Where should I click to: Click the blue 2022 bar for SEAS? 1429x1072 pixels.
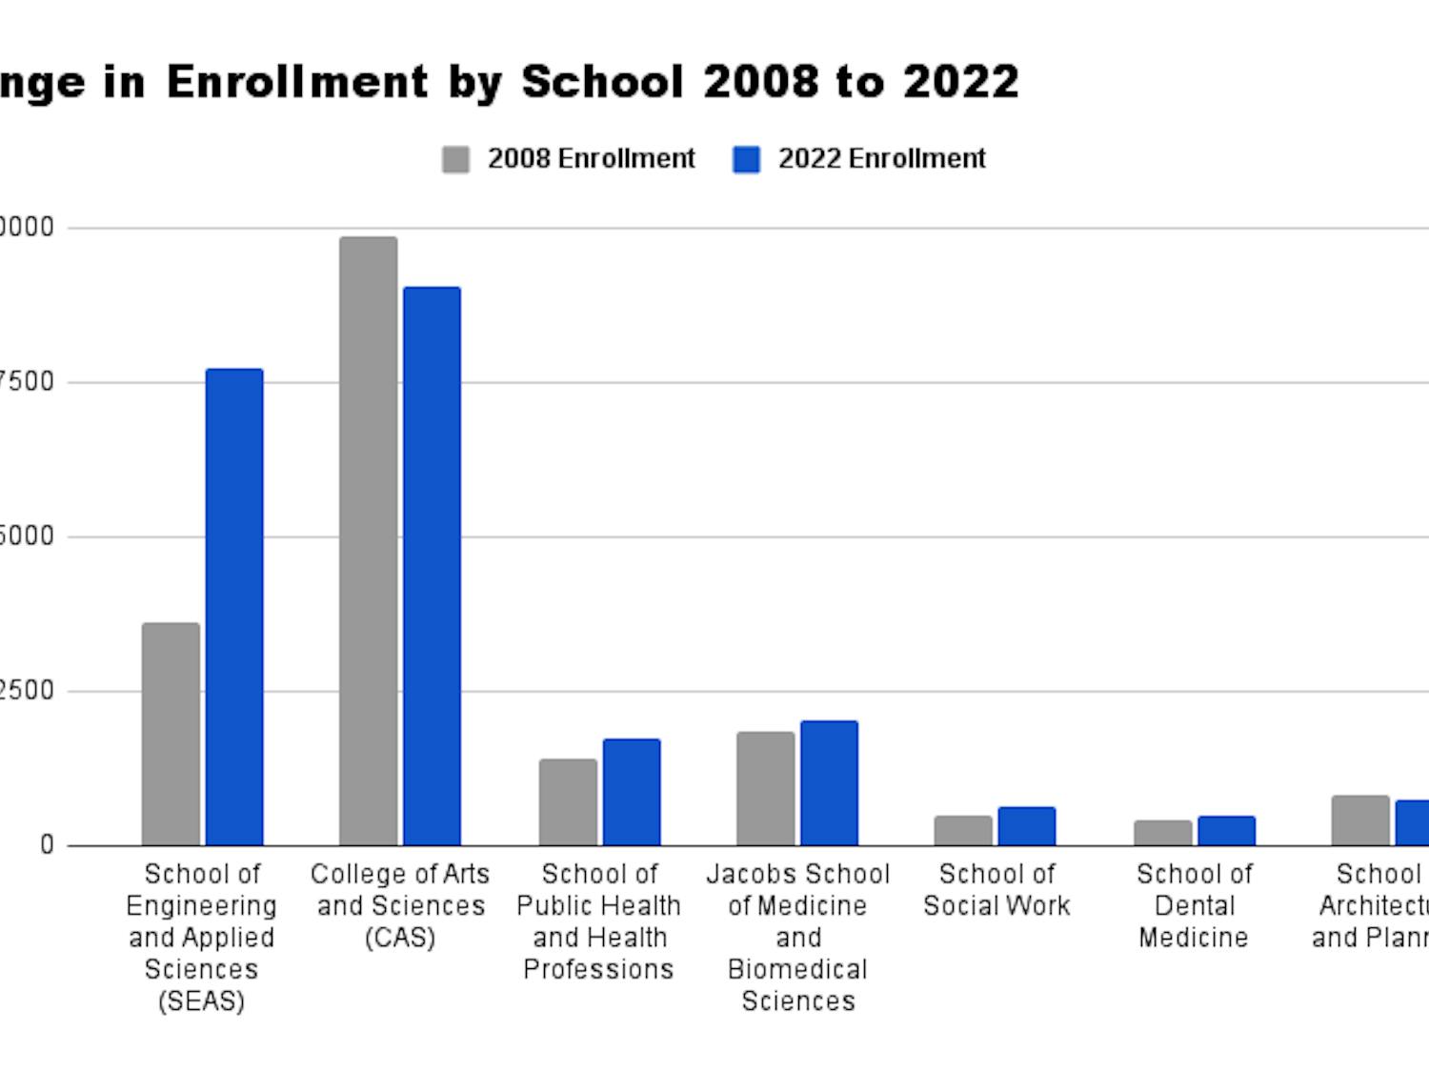pyautogui.click(x=234, y=607)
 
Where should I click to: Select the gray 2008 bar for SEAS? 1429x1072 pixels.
pyautogui.click(x=171, y=734)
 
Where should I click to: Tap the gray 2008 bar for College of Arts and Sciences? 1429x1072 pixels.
pyautogui.click(x=368, y=541)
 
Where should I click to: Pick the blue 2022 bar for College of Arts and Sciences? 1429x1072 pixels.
pyautogui.click(x=432, y=566)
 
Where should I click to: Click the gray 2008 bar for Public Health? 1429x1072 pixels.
pyautogui.click(x=568, y=802)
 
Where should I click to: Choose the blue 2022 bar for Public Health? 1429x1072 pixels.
pyautogui.click(x=632, y=792)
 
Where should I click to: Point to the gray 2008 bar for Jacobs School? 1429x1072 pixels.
pyautogui.click(x=765, y=788)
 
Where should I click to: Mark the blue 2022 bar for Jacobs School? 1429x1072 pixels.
pyautogui.click(x=829, y=783)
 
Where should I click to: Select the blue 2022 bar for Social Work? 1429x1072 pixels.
pyautogui.click(x=1027, y=826)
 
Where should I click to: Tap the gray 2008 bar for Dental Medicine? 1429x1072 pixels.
pyautogui.click(x=1162, y=833)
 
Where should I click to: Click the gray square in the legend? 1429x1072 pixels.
pyautogui.click(x=455, y=159)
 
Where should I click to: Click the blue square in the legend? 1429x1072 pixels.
pyautogui.click(x=746, y=159)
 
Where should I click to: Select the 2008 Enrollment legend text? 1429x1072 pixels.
pyautogui.click(x=592, y=158)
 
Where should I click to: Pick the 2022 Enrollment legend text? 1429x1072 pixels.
pyautogui.click(x=881, y=158)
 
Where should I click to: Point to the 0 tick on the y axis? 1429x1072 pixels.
pyautogui.click(x=47, y=845)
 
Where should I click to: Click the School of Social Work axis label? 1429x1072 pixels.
pyautogui.click(x=996, y=889)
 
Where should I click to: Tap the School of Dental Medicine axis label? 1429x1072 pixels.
pyautogui.click(x=1194, y=905)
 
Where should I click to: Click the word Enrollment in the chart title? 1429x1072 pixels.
pyautogui.click(x=297, y=81)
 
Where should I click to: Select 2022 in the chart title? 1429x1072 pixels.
pyautogui.click(x=960, y=81)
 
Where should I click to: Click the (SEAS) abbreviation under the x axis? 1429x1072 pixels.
pyautogui.click(x=201, y=1001)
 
